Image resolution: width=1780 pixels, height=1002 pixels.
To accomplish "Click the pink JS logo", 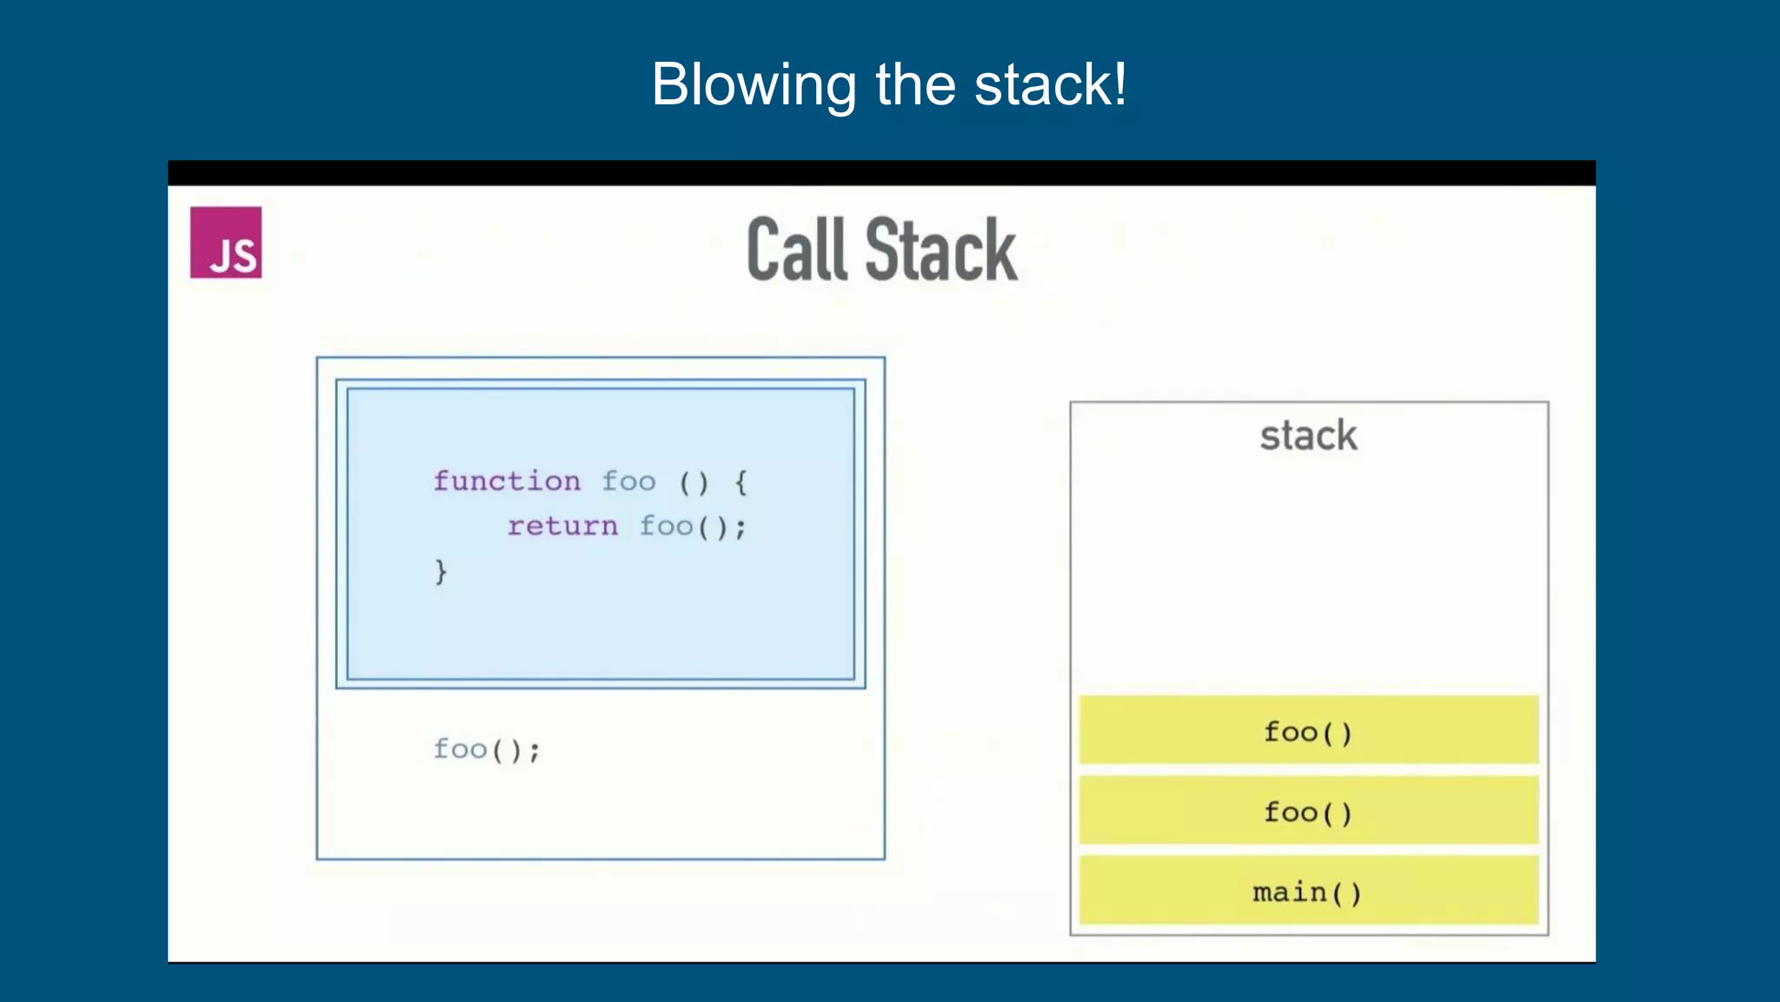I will coord(226,243).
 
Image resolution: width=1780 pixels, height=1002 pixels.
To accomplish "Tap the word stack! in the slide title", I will coord(1051,85).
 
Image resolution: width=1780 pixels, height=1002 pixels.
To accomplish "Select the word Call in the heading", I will coord(796,250).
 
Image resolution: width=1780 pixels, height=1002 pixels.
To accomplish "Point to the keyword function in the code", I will coord(507,481).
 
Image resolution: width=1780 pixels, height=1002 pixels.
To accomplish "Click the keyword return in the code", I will coord(562,526).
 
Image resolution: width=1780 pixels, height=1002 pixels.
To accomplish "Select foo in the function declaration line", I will coord(628,481).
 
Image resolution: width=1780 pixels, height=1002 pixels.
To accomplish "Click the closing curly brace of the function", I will coord(441,571).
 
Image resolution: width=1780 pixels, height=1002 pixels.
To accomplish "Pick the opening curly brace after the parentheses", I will coord(741,481).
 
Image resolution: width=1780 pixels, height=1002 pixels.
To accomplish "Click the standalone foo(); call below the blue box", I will coord(487,750).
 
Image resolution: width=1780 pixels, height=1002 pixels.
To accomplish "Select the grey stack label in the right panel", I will coord(1308,436).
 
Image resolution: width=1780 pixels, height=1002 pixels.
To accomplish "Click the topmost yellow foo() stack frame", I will coord(1308,731).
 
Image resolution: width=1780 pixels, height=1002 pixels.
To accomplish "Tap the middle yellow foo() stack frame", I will coord(1308,811).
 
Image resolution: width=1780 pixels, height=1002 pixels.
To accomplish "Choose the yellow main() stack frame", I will coord(1308,891).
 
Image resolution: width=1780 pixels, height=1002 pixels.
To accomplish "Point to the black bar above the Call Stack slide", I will coord(881,173).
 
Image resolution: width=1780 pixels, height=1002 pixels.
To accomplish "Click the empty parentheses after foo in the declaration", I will coord(694,481).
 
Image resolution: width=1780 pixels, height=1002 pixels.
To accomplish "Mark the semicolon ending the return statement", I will coord(741,528).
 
